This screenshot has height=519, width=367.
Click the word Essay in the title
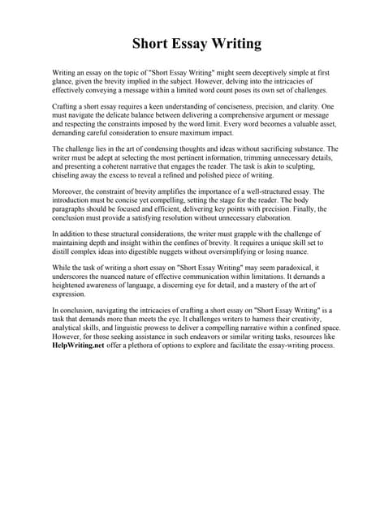[x=183, y=43]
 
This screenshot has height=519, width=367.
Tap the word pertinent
[x=200, y=159]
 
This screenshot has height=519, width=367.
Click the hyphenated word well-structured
[x=268, y=191]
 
